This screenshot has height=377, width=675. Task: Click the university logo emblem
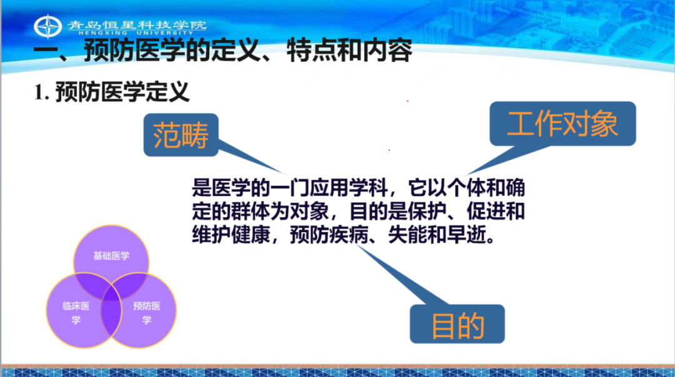click(47, 26)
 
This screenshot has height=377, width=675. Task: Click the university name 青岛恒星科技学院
click(137, 25)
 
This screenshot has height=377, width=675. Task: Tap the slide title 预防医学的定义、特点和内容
click(247, 51)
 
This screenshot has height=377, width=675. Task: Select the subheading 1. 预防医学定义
click(112, 92)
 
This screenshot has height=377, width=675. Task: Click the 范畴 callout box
click(181, 135)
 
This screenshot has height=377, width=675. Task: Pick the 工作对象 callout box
click(562, 124)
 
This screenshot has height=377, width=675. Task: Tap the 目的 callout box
click(457, 324)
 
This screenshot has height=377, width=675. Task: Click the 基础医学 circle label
click(111, 256)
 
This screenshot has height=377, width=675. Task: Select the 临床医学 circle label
click(76, 313)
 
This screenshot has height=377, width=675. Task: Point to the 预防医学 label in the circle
click(147, 313)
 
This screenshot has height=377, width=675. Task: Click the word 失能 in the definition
click(407, 235)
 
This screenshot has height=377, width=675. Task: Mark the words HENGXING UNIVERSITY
click(136, 32)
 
